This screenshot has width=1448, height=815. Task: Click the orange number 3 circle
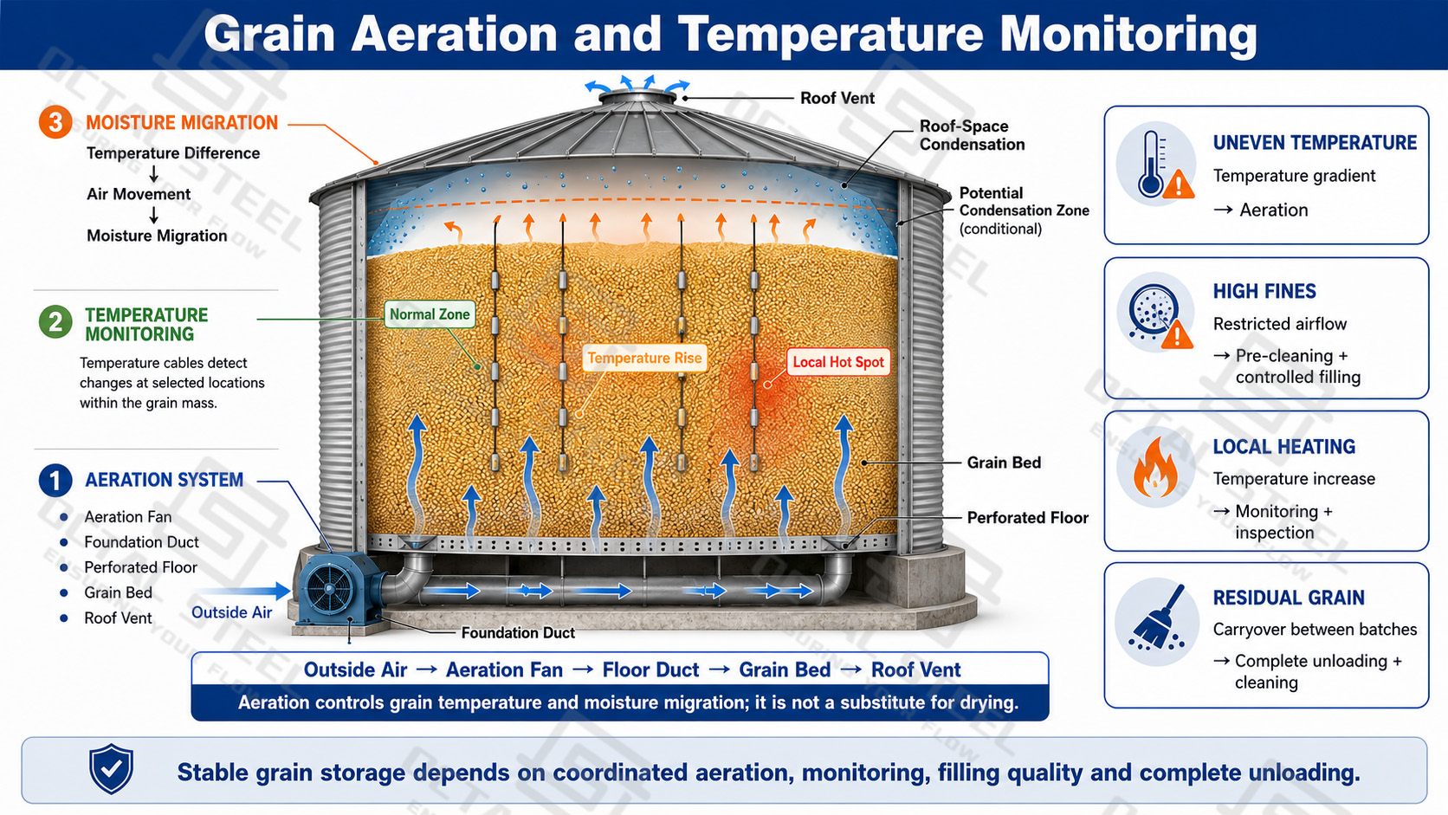pos(55,122)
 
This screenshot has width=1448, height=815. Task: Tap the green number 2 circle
pos(55,322)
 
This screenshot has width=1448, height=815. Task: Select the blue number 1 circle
pos(55,480)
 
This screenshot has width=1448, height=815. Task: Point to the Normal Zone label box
pos(430,314)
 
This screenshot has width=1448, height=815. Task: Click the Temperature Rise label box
pos(644,358)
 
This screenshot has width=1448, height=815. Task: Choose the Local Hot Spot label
pos(837,362)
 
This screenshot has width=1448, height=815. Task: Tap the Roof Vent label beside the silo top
pos(837,98)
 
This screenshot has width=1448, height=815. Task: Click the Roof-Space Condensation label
pos(973,135)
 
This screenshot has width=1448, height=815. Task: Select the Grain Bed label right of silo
pos(1004,462)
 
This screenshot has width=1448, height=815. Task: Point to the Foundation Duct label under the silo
pos(518,633)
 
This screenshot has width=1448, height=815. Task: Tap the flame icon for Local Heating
pos(1155,468)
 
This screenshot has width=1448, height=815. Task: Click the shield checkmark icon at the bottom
pos(111,768)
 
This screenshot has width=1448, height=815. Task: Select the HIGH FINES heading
pos(1264,292)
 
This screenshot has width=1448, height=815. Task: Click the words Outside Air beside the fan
pos(231,612)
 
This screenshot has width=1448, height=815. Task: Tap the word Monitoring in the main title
pos(1128,34)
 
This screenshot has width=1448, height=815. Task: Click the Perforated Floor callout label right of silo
pos(1028,518)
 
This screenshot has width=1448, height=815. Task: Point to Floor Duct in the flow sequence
pos(650,669)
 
